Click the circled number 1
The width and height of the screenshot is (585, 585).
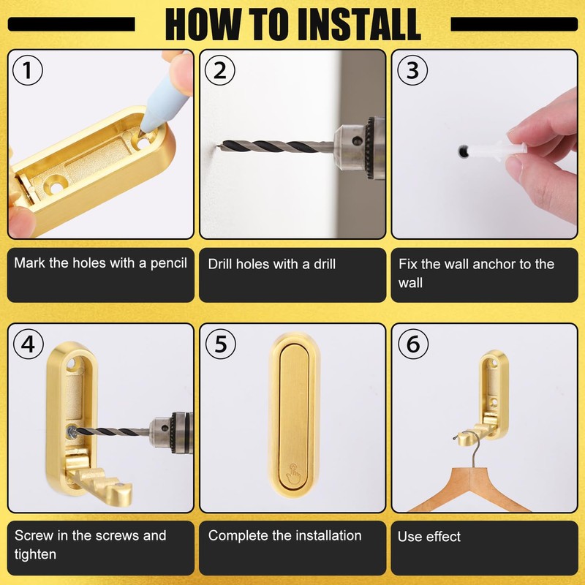(x=28, y=70)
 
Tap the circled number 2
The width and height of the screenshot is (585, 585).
(x=220, y=70)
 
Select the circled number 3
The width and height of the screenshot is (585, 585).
(x=412, y=70)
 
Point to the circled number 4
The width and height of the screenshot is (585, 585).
(x=29, y=344)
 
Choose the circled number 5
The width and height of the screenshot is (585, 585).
(x=221, y=344)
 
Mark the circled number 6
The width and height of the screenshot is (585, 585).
(x=413, y=344)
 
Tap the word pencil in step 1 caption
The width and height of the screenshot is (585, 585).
(x=169, y=263)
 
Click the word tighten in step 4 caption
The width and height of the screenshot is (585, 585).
(x=35, y=554)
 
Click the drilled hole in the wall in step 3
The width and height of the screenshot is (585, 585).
(x=463, y=151)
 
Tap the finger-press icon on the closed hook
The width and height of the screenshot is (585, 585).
(x=294, y=474)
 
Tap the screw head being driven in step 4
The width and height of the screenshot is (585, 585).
(x=71, y=432)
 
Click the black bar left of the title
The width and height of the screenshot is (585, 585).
(x=71, y=24)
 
